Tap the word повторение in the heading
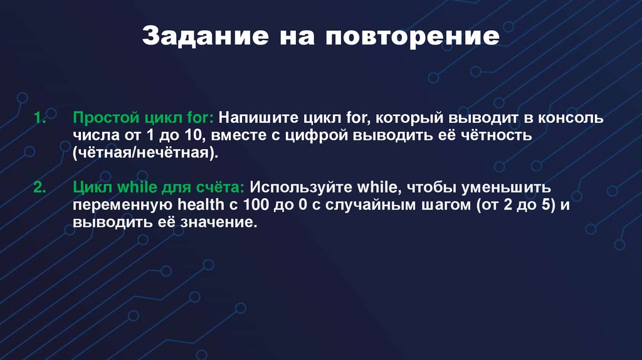coord(412,36)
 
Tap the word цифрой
coord(320,136)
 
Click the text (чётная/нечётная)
coord(146,154)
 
